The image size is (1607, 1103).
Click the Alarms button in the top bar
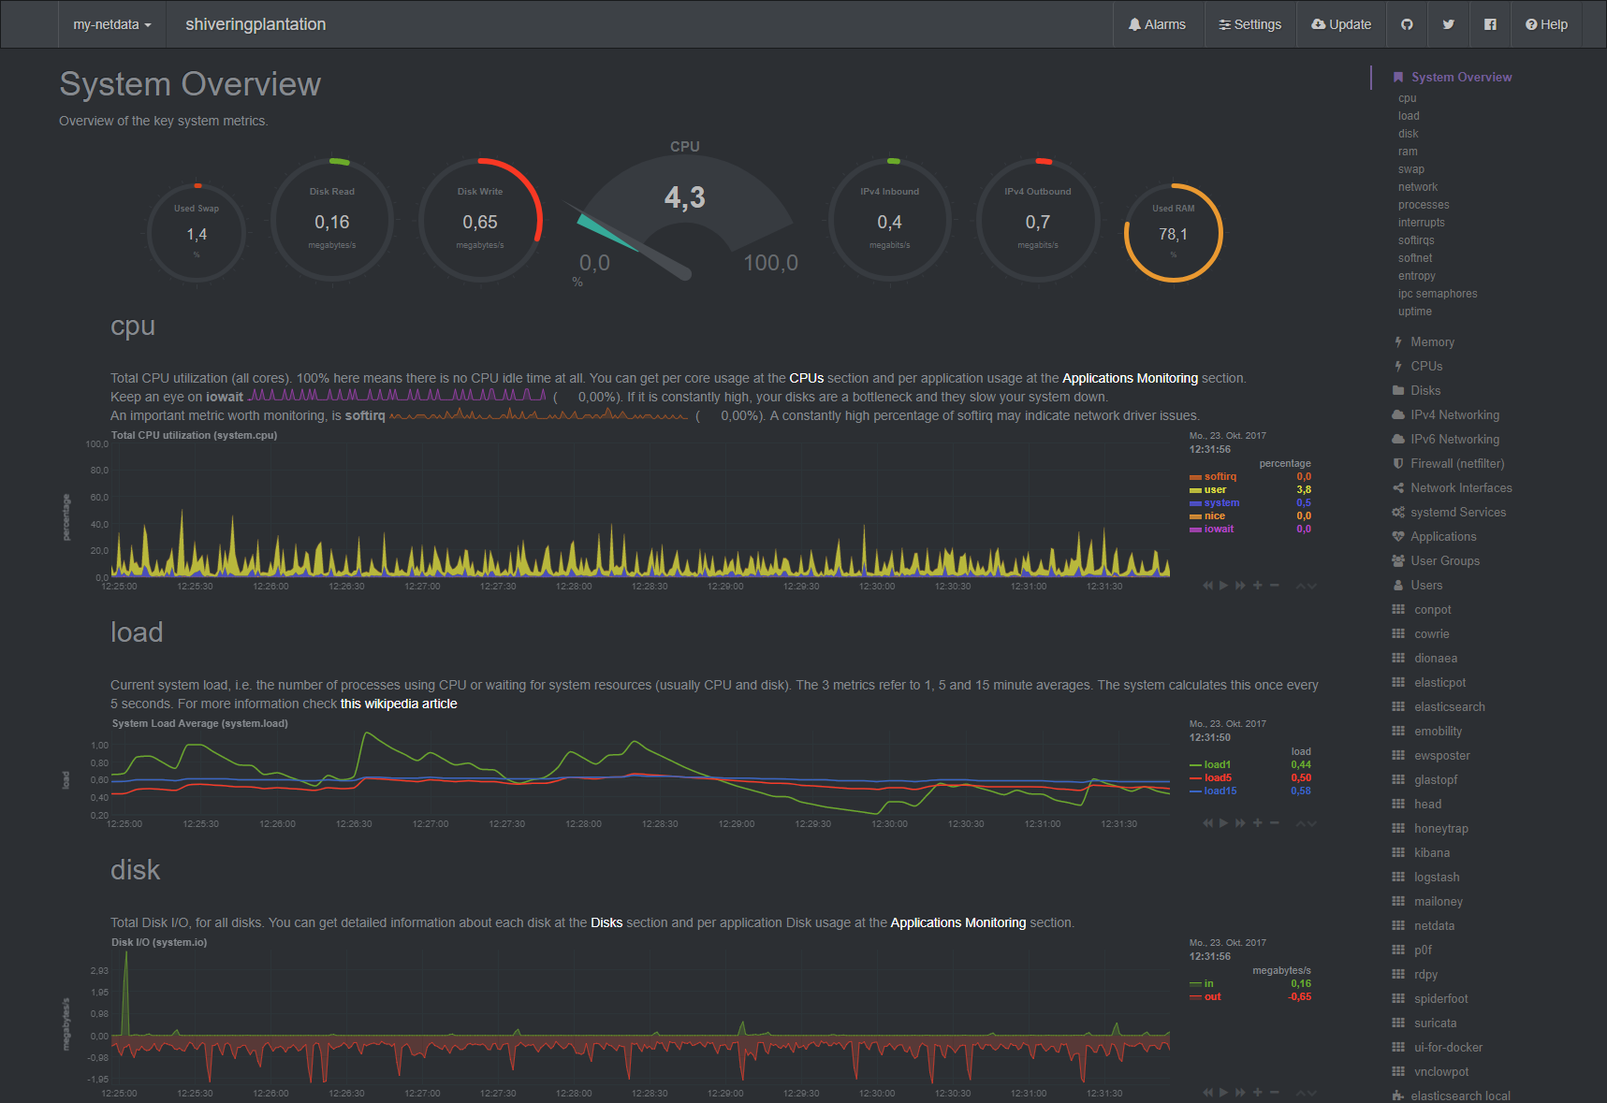(1157, 24)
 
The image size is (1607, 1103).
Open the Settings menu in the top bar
(1249, 24)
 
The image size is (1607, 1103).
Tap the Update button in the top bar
(1341, 24)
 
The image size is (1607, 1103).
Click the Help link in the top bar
(1546, 24)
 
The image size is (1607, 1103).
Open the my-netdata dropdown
(111, 24)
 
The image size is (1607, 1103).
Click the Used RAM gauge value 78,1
(1173, 234)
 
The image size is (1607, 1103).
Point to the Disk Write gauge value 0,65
(480, 223)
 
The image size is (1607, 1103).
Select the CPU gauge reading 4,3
(684, 197)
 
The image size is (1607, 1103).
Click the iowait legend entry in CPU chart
(1219, 530)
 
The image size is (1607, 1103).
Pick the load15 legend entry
(1220, 791)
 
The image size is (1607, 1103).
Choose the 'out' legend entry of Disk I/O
(1212, 997)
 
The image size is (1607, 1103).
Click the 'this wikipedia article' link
(399, 704)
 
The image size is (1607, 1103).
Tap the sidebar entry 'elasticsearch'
(1449, 707)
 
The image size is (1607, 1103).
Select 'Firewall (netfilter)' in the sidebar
(1457, 464)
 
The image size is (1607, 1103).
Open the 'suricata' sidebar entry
(1435, 1023)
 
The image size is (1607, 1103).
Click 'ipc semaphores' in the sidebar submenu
(1438, 294)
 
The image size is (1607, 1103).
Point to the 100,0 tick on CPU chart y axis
(97, 444)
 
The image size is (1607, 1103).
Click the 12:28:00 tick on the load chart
(583, 824)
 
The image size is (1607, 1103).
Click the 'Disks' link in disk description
(606, 922)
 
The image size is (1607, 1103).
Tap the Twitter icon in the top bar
(1448, 24)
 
